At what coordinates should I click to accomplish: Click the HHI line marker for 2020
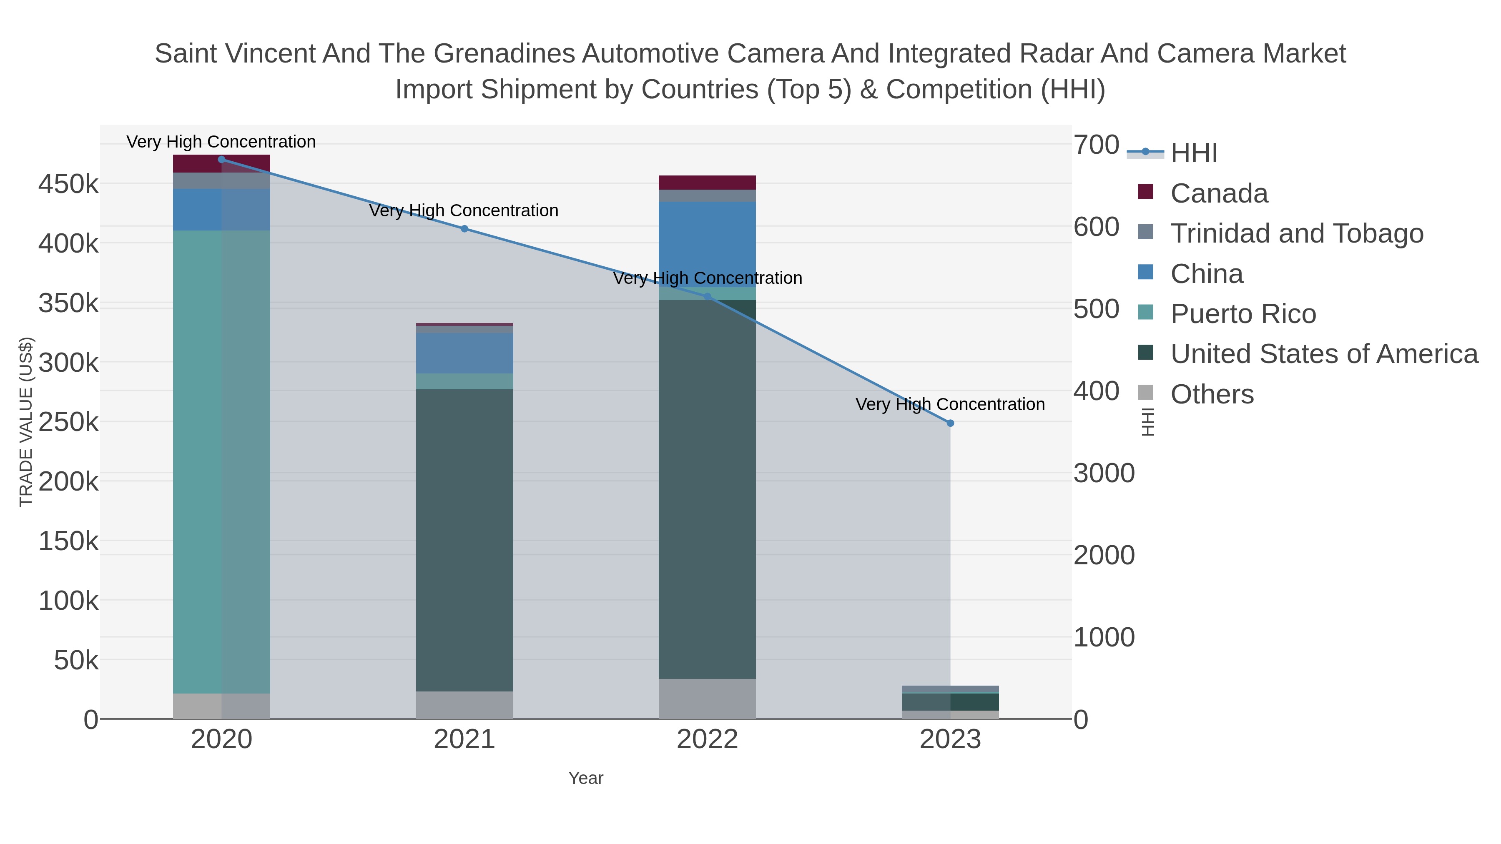pos(221,160)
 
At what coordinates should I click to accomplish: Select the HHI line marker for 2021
pos(464,229)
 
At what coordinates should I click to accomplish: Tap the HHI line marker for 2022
pos(708,296)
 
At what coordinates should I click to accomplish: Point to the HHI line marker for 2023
pos(950,423)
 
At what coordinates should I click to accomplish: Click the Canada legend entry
pos(1219,193)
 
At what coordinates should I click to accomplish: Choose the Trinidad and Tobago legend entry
pos(1296,233)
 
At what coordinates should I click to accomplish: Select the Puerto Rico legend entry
pos(1243,314)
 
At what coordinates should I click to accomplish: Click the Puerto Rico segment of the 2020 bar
pos(221,460)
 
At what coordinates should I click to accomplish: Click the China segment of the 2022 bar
pos(708,243)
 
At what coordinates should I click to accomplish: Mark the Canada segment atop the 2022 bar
pos(708,182)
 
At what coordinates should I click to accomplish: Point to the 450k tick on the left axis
pos(68,185)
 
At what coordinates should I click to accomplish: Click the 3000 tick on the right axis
pos(1104,473)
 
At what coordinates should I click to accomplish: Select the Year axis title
pos(586,778)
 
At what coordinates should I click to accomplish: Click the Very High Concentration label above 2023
pos(950,404)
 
